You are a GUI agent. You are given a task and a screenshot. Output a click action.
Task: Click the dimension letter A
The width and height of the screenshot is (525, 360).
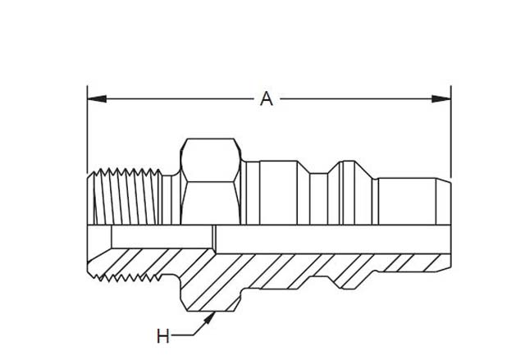(266, 99)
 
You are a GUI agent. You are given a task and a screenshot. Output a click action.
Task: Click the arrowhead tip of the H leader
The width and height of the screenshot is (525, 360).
(215, 312)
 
